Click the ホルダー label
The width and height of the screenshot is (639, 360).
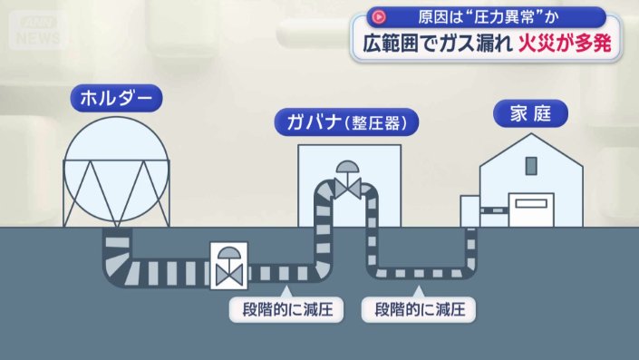[114, 99]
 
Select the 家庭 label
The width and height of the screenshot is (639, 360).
[530, 113]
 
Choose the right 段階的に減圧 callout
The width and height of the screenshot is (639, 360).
[419, 309]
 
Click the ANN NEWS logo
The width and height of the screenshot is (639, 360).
[38, 30]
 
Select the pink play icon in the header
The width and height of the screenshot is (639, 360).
[380, 16]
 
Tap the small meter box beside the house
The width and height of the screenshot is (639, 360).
[469, 210]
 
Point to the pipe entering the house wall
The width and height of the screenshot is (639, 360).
[493, 210]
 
